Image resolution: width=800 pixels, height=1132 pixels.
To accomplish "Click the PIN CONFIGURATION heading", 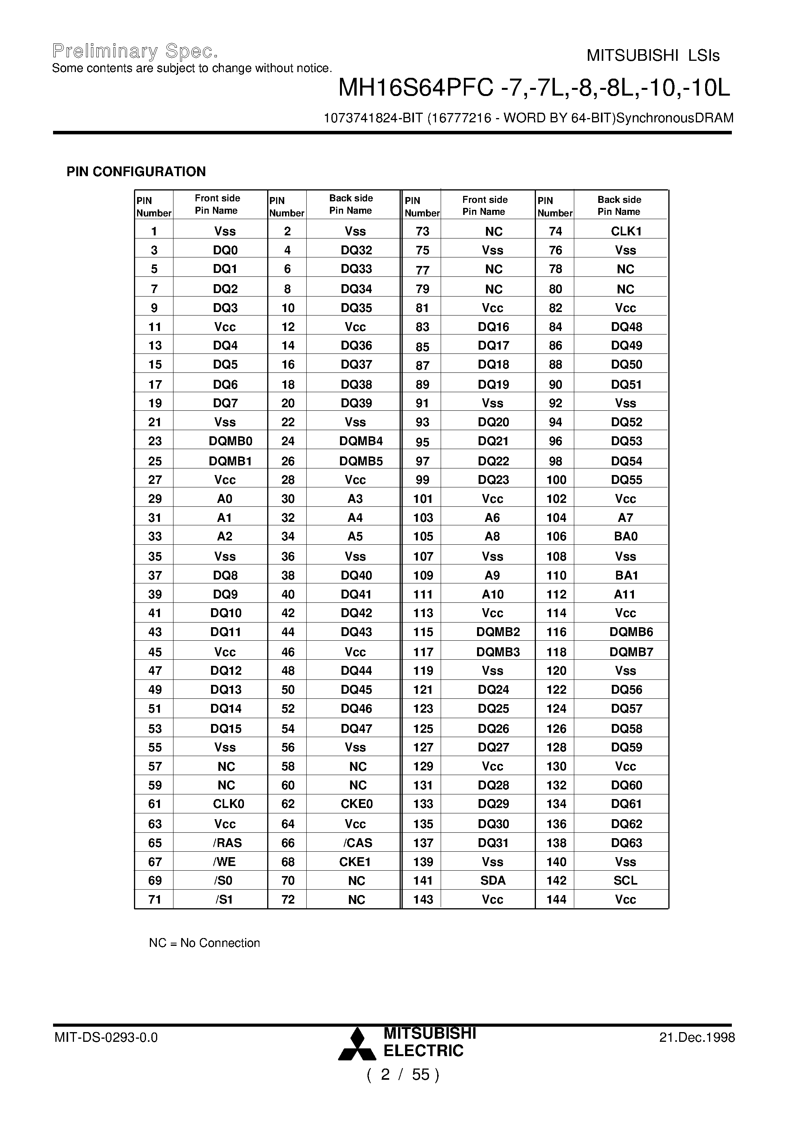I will click(x=136, y=172).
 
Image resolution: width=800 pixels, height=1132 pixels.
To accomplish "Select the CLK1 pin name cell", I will click(x=626, y=231).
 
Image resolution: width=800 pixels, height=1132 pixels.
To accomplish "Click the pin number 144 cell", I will click(x=556, y=899).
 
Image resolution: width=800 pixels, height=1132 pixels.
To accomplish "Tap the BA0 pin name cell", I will click(x=625, y=537).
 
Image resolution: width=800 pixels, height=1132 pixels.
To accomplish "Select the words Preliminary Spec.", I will click(x=135, y=51).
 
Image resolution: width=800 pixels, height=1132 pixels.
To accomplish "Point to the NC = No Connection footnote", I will click(x=204, y=943).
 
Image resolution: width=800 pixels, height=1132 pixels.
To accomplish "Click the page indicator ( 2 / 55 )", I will click(x=402, y=1074).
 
